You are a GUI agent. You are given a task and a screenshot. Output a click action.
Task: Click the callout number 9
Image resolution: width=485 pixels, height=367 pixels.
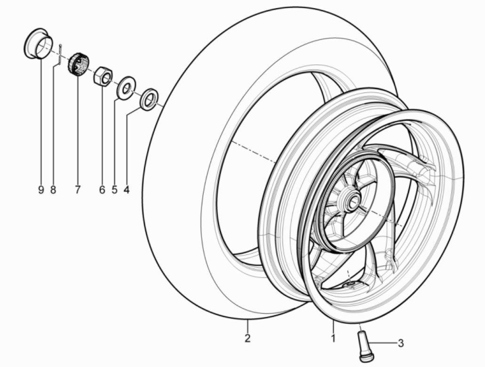41,190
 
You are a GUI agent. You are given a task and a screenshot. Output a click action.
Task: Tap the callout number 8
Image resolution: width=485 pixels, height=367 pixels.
53,190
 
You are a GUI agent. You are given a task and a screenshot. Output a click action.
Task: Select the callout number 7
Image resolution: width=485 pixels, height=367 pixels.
77,190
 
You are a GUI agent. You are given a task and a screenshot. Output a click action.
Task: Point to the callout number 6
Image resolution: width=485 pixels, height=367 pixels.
102,190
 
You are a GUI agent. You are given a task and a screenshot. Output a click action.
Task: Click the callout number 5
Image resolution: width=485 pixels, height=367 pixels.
114,190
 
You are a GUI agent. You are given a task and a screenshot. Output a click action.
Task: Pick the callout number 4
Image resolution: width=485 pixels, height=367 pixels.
126,190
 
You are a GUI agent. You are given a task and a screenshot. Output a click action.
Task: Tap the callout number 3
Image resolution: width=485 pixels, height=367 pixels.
400,343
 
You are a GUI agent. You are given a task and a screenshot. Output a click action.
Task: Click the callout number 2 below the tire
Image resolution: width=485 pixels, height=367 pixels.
247,337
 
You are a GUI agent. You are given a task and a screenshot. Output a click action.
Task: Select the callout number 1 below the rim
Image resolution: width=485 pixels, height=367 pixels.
333,337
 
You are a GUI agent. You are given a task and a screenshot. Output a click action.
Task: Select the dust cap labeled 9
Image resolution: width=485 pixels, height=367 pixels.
37,45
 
